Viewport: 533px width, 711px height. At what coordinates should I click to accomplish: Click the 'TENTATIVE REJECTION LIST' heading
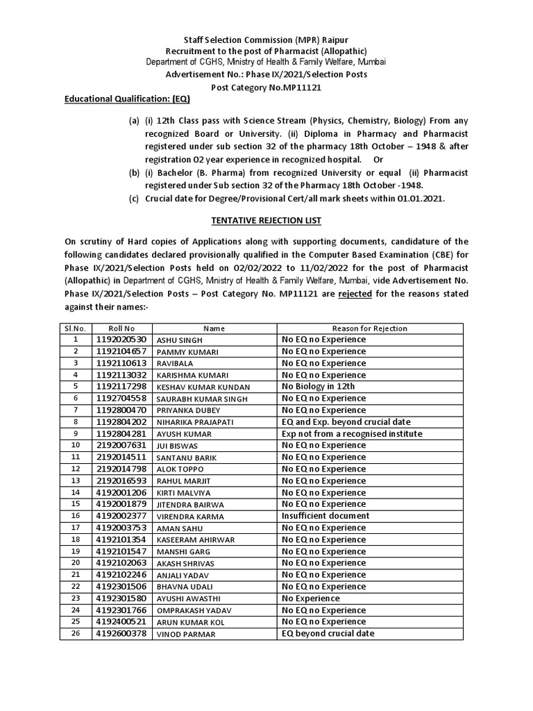coord(266,220)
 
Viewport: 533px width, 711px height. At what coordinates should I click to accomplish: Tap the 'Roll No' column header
coord(121,328)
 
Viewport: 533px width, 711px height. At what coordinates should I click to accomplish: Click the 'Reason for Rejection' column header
coord(370,328)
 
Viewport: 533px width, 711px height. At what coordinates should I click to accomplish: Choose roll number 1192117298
coord(121,387)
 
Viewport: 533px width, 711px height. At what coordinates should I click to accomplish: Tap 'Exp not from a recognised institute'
coord(352,434)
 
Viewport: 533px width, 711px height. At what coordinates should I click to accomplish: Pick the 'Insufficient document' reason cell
coord(325,516)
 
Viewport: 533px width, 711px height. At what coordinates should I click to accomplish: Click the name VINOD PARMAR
coord(185,634)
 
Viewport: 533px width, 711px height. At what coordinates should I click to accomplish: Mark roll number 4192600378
coord(121,634)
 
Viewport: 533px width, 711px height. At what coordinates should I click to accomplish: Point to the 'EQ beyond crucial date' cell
coord(328,634)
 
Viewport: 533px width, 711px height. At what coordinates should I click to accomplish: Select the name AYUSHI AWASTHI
coord(187,599)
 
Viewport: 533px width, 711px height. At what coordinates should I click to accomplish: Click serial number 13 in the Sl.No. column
coord(76,480)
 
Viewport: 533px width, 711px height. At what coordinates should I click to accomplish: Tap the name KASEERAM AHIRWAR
coord(194,539)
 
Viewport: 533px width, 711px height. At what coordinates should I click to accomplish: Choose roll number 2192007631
coord(121,445)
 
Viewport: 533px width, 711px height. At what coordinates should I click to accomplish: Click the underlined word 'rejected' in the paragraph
coord(355,294)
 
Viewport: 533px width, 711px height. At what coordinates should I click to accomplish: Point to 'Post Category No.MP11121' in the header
coord(266,88)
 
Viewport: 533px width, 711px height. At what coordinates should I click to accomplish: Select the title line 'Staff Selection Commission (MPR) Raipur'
coord(266,41)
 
